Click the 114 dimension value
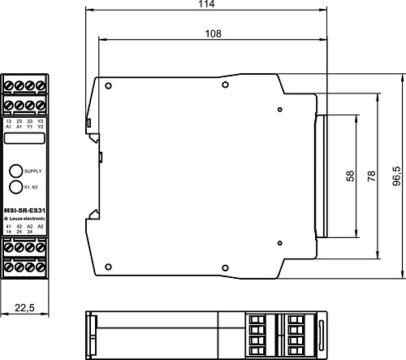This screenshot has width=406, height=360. [207, 6]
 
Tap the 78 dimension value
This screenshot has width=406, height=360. [372, 176]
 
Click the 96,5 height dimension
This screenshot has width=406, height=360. [397, 176]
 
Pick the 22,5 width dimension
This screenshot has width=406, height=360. [24, 306]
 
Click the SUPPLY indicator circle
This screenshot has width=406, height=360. [15, 171]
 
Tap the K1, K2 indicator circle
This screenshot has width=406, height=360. [15, 187]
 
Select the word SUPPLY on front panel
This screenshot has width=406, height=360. [32, 171]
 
